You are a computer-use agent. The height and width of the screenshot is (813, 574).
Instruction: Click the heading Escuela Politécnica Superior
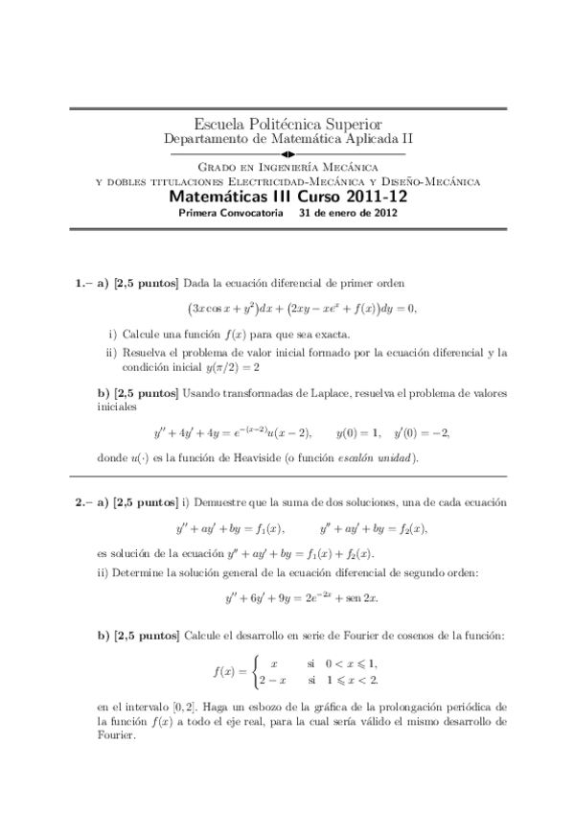click(287, 125)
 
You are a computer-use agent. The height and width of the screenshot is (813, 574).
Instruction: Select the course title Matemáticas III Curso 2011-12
click(287, 197)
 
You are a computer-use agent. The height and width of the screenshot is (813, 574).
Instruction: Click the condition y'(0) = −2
click(414, 432)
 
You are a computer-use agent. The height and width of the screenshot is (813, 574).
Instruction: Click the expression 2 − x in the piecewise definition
click(278, 681)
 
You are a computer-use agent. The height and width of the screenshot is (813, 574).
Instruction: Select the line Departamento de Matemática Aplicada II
click(287, 139)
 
